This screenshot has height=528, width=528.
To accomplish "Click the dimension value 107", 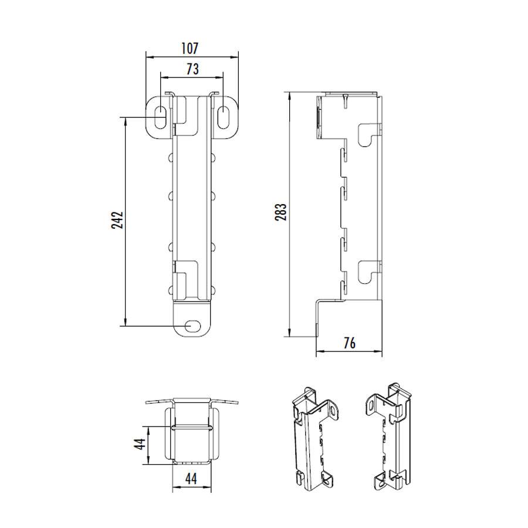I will coord(191,48).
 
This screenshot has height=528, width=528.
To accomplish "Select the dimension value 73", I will coord(192,69).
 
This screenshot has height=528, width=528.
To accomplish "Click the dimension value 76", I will coord(349,343).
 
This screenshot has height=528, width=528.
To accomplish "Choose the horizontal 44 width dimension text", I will coord(191,478).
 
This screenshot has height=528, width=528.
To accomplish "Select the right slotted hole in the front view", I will coord(224,117).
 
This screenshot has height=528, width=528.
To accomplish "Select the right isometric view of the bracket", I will coord(389,437).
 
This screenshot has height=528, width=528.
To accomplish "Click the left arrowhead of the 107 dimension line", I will coord(148,57).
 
